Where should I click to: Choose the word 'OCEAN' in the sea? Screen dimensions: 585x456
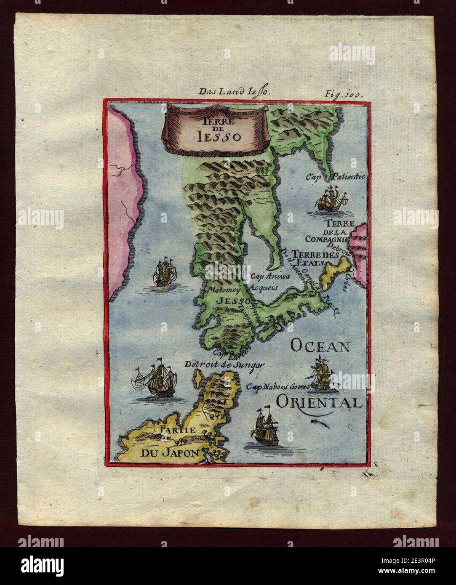pos(320,346)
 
